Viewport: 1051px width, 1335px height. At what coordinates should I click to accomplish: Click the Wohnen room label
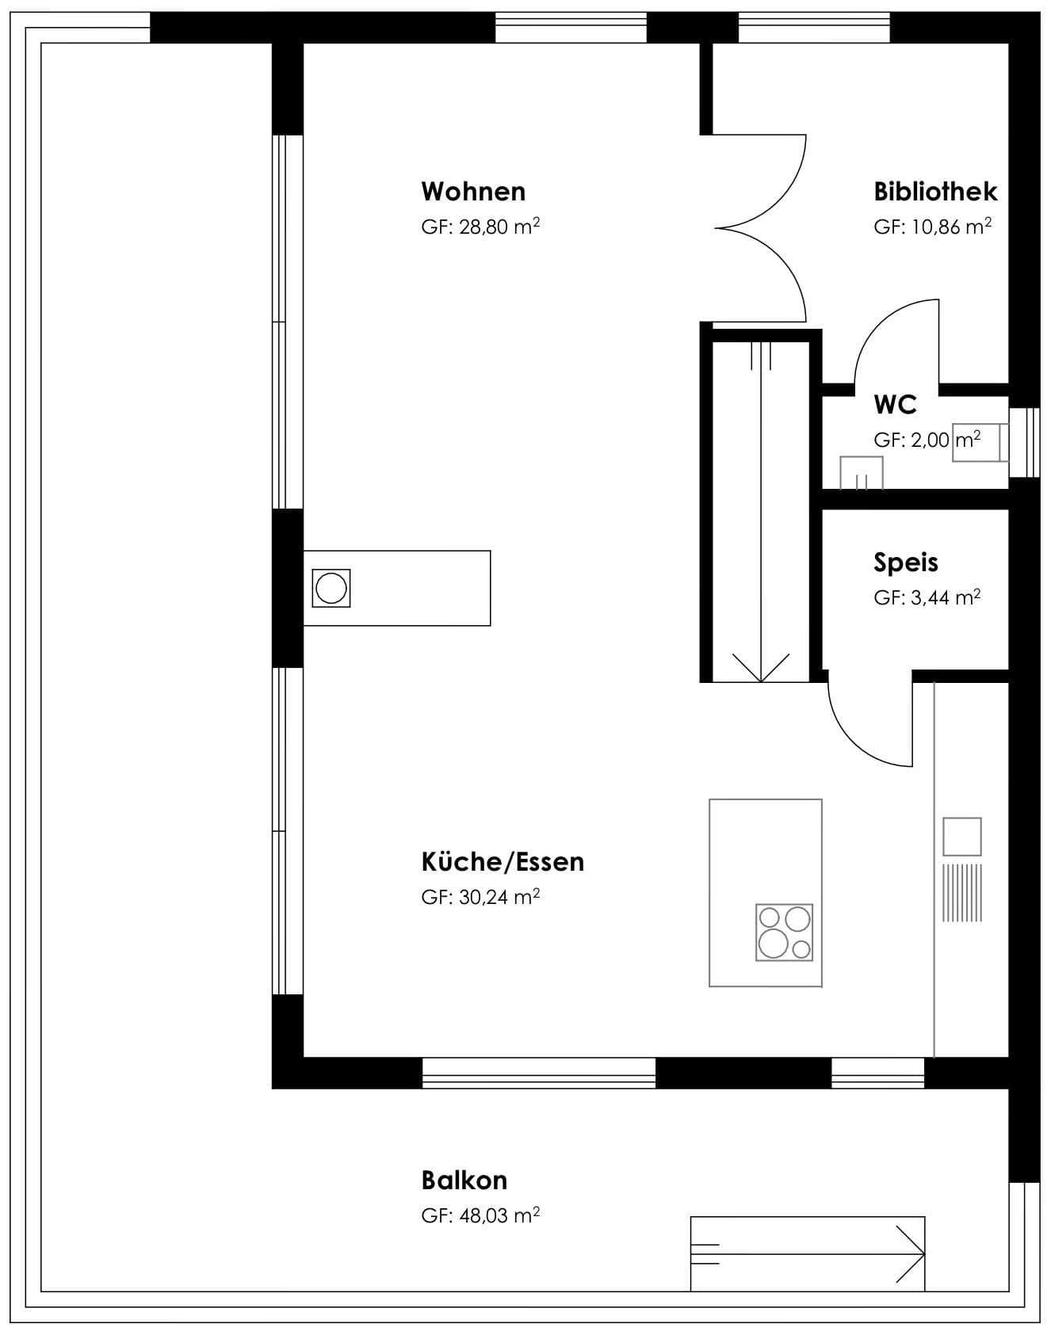coord(473,192)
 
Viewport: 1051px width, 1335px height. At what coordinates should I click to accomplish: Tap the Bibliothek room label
coord(935,192)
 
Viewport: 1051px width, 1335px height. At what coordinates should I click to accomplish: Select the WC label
coord(895,405)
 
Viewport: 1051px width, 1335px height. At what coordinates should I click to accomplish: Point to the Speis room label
coord(906,563)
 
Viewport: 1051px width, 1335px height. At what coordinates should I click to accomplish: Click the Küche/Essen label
coord(503,862)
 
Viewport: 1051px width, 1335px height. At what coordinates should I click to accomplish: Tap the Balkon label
coord(464,1181)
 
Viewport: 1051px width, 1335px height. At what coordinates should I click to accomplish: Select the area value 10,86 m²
coord(952,227)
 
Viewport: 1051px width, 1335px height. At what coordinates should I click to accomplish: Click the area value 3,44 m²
coord(946,598)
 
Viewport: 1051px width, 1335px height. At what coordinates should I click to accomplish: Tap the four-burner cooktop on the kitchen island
coord(785,933)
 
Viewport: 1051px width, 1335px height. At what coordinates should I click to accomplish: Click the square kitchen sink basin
coord(962,837)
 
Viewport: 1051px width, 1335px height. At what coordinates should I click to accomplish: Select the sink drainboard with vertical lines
coord(962,893)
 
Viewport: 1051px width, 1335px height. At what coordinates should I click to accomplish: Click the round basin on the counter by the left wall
coord(331,589)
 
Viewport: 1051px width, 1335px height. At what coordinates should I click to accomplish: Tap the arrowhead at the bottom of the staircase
coord(760,668)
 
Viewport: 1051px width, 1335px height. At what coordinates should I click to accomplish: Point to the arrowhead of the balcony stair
coord(911,1254)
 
